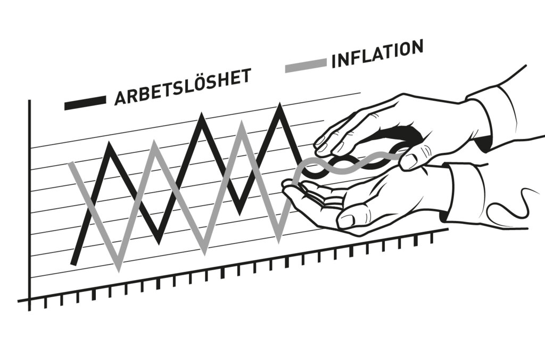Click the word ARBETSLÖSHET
click(183, 87)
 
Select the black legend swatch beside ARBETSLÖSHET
click(85, 103)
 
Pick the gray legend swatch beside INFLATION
click(306, 65)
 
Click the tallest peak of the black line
click(279, 105)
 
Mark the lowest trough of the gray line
click(119, 269)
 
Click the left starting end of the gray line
click(71, 163)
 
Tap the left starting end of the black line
click(73, 263)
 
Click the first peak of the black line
click(111, 144)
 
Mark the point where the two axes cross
click(30, 299)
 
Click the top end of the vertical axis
click(30, 101)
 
